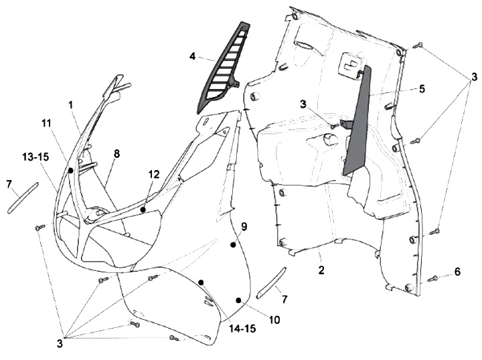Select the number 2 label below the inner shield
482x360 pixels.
click(321, 270)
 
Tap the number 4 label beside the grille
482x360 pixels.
click(192, 56)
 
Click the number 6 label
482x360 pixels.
click(458, 272)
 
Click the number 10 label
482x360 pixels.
click(274, 320)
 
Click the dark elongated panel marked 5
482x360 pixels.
click(358, 127)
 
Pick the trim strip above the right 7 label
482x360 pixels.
click(271, 284)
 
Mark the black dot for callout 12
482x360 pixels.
click(143, 209)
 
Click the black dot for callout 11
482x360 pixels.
click(70, 171)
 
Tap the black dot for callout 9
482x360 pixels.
click(233, 246)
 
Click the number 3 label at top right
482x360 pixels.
click(473, 78)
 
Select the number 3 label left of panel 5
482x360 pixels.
click(303, 104)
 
